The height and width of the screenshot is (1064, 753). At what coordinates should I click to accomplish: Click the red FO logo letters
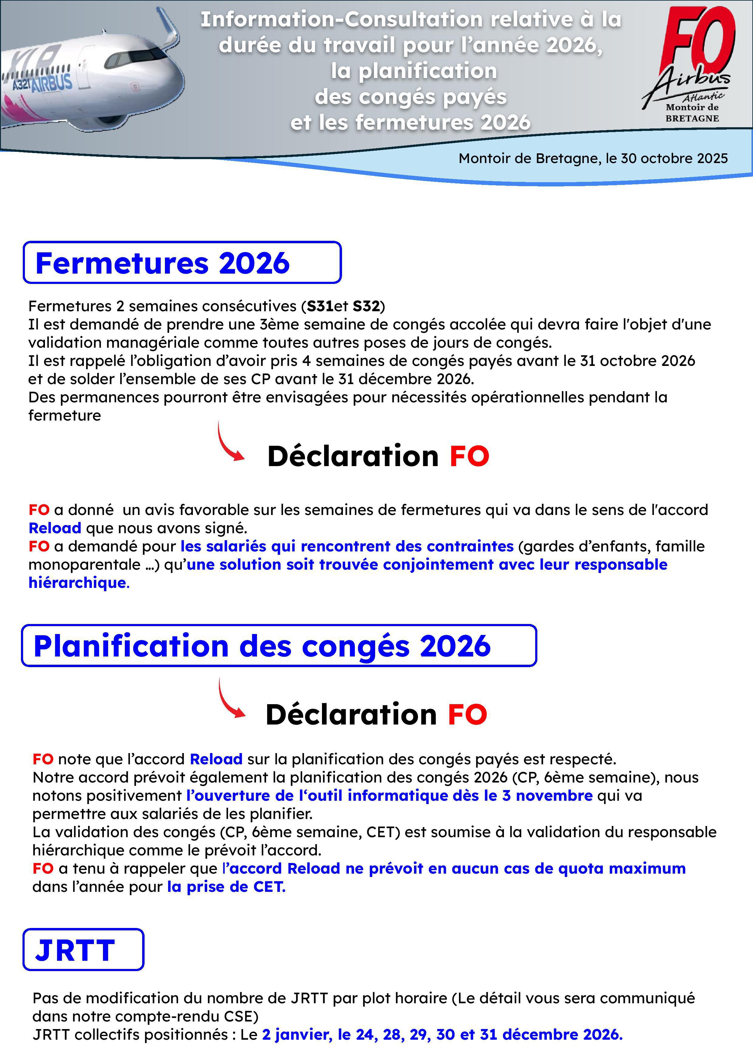[x=698, y=42]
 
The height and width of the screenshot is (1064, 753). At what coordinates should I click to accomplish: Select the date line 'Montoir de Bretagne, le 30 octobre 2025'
[x=593, y=159]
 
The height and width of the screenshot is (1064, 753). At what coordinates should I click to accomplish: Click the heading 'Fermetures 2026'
[x=162, y=263]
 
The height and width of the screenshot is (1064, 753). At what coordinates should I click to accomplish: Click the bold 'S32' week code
[x=366, y=306]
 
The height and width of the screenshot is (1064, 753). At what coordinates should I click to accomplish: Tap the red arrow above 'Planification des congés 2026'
[x=230, y=442]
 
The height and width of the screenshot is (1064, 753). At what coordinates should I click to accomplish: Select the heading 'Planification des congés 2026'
[x=262, y=646]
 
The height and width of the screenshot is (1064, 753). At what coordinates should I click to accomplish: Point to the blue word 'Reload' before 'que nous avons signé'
[x=55, y=528]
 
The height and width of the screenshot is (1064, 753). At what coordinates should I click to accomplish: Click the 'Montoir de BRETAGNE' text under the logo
[x=692, y=113]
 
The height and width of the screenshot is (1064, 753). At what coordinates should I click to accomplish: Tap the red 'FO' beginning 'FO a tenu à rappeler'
[x=43, y=868]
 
